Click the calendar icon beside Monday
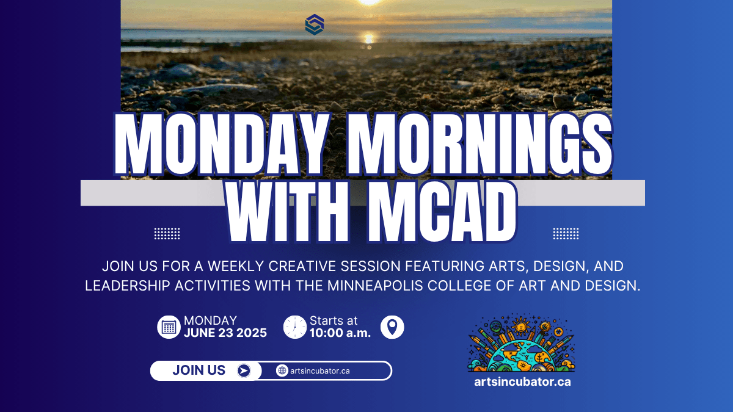(x=169, y=327)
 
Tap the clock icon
(x=295, y=327)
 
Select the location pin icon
(x=392, y=327)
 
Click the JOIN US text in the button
(x=199, y=370)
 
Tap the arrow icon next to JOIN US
(x=244, y=371)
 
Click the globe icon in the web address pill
(x=282, y=371)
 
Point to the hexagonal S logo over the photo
(x=315, y=24)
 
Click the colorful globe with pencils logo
(x=522, y=342)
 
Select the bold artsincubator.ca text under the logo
(x=522, y=382)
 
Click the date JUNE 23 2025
(x=225, y=333)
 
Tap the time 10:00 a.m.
(x=340, y=333)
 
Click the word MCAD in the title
(x=442, y=212)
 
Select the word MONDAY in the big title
(x=222, y=144)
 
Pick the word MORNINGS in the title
(x=480, y=144)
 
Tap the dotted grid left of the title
(x=167, y=234)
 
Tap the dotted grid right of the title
(x=566, y=234)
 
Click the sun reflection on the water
(x=369, y=39)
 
